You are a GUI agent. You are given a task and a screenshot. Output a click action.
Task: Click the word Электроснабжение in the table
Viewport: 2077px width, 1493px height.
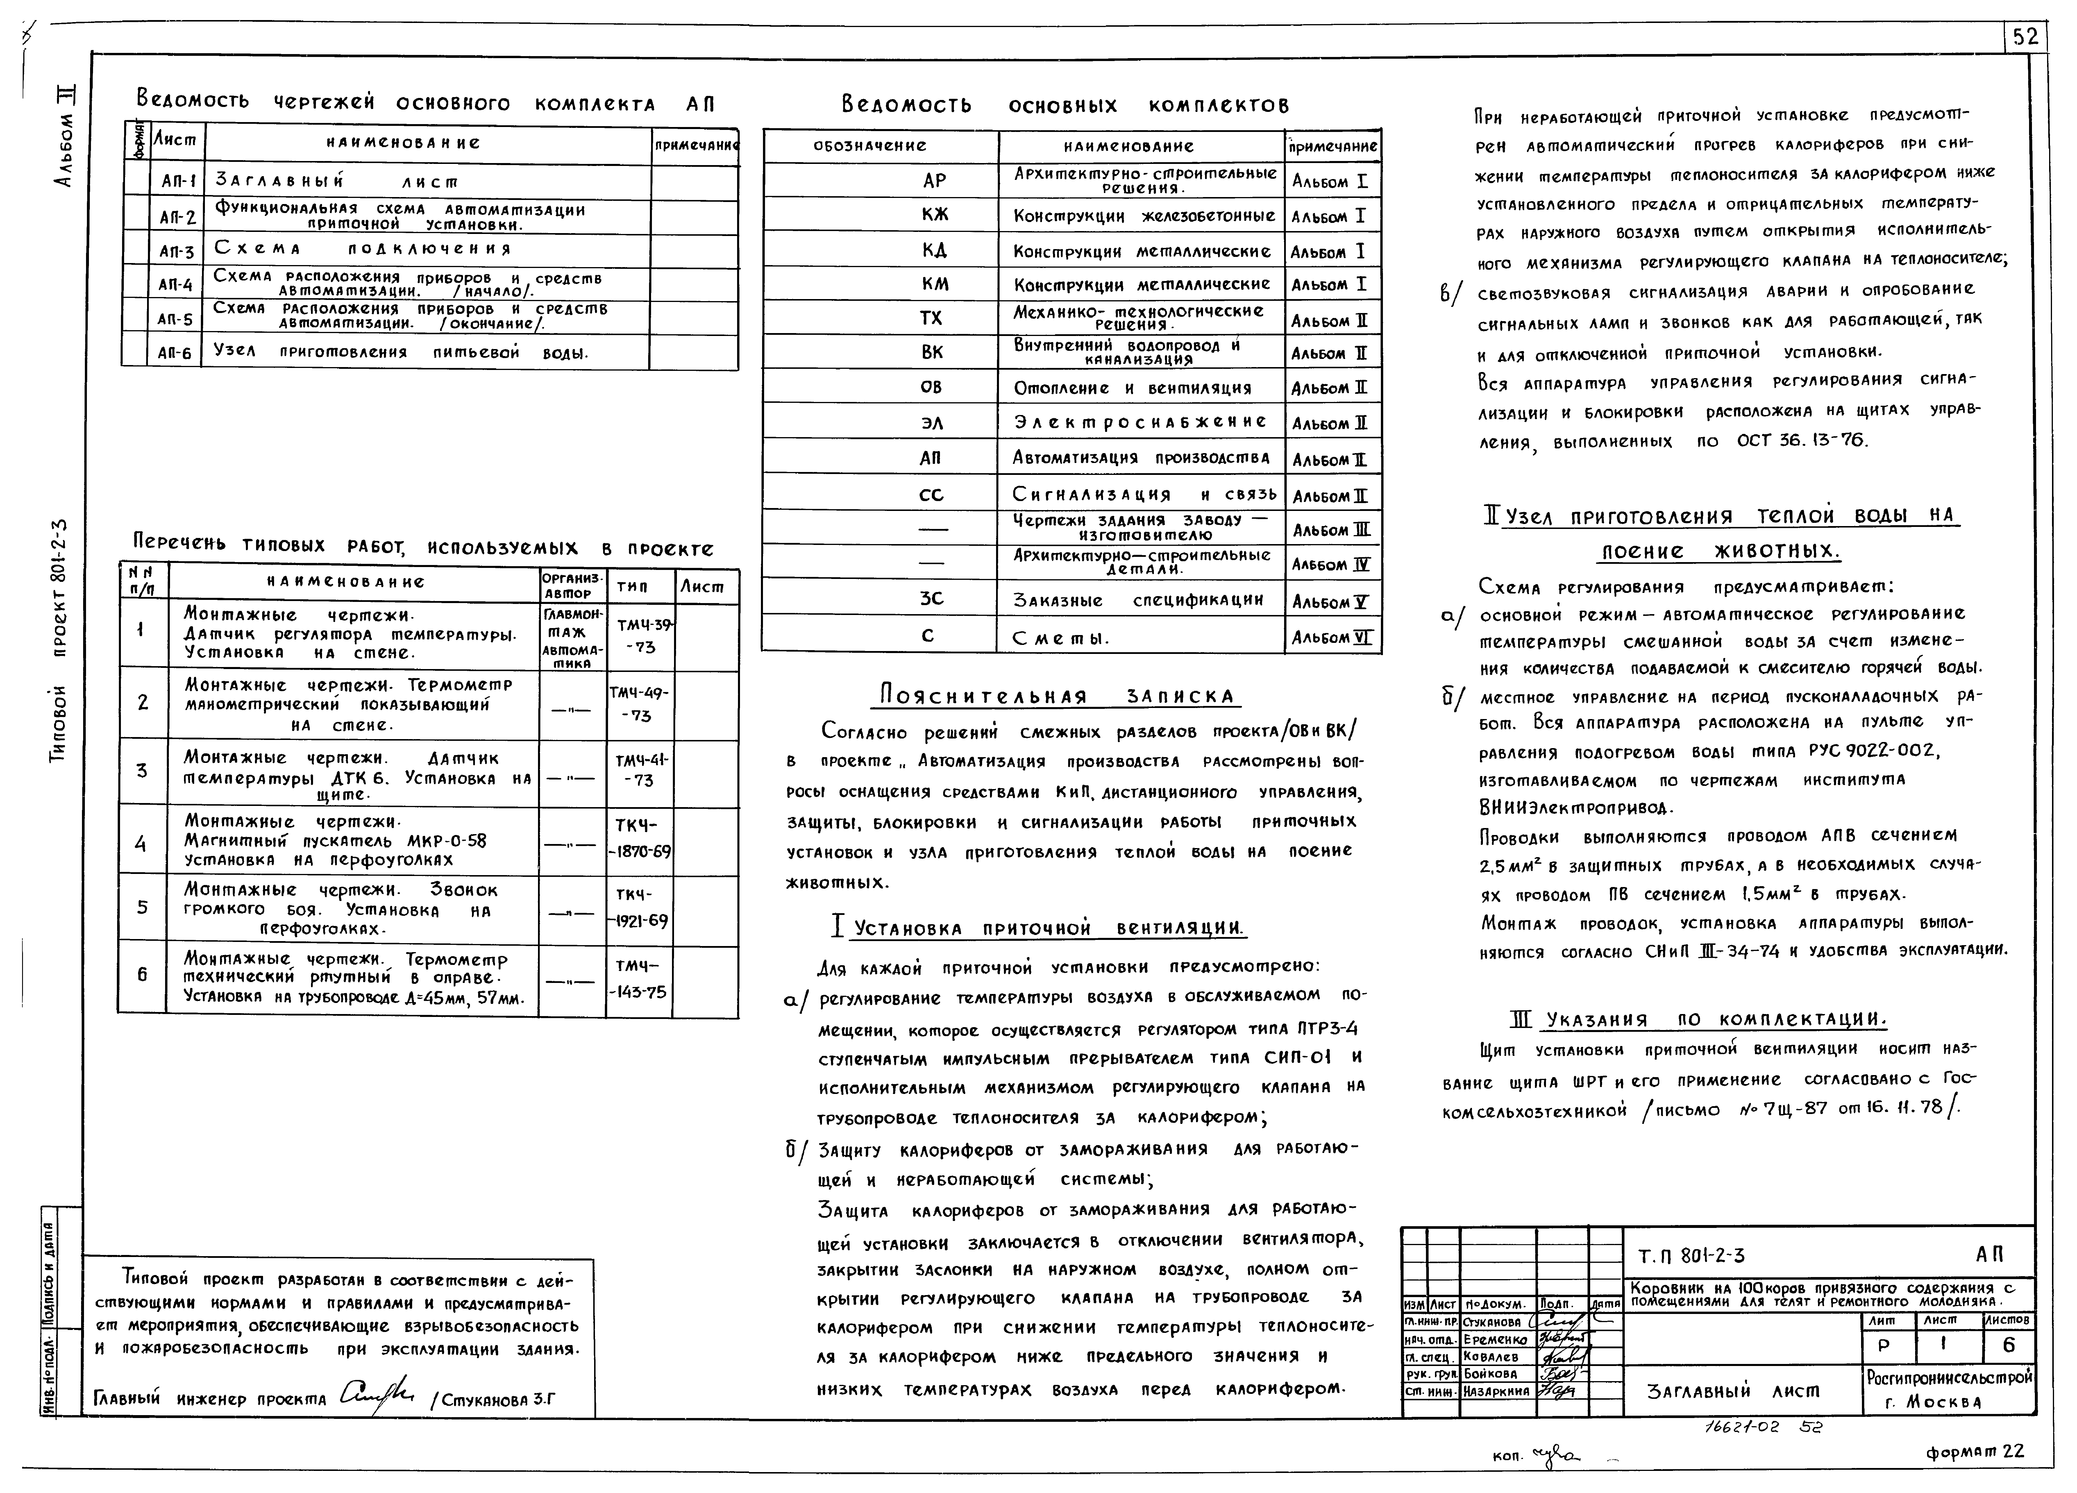(x=1140, y=422)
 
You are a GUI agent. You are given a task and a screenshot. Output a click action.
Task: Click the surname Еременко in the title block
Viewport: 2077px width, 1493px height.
(x=1491, y=1339)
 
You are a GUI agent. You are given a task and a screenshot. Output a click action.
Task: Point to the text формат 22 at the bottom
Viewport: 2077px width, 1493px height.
(x=1974, y=1452)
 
